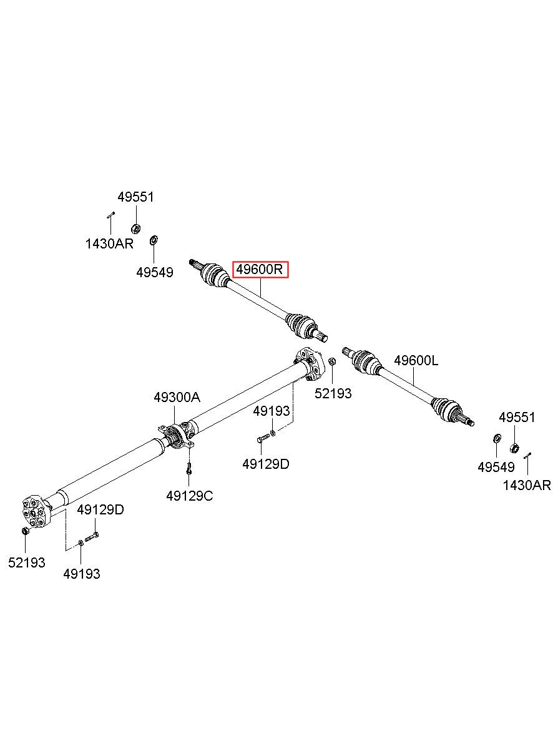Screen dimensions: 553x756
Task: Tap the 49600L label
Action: click(416, 361)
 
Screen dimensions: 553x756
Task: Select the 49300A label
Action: click(177, 398)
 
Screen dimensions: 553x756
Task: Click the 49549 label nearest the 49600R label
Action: click(155, 272)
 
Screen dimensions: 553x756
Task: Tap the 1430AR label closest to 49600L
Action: click(527, 486)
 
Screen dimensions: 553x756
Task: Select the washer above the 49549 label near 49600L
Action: click(497, 438)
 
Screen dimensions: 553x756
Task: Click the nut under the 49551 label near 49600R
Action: click(135, 229)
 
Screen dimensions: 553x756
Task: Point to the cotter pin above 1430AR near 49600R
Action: click(111, 215)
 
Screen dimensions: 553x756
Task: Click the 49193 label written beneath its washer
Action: click(82, 574)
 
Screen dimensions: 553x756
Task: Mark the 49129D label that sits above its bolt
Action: click(100, 509)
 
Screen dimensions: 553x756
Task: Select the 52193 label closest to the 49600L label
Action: click(333, 393)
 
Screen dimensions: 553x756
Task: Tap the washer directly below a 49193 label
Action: click(273, 433)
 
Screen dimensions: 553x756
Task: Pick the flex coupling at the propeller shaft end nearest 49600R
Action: click(310, 365)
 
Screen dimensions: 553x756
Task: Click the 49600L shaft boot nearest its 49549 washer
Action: click(446, 409)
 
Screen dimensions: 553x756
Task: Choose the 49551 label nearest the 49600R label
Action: click(135, 197)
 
